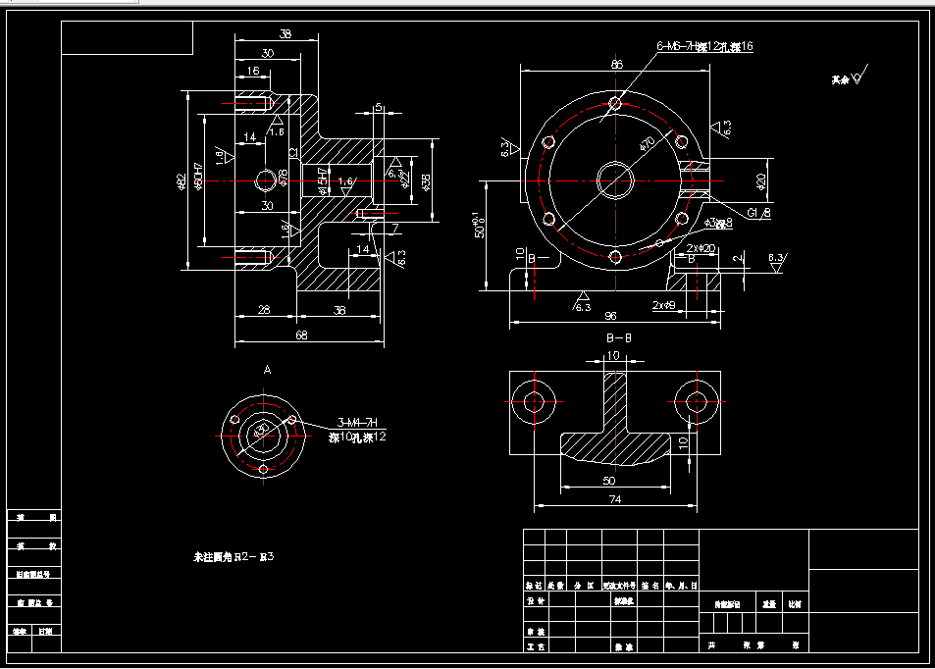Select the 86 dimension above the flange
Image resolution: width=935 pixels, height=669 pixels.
pos(616,65)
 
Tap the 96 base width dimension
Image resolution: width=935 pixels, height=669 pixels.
pos(609,316)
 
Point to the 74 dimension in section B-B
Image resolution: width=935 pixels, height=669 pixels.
pos(614,498)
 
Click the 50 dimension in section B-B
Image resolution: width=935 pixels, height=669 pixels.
pos(609,481)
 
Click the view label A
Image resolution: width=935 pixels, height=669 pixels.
pos(267,370)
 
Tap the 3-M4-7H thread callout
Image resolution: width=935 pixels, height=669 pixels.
pos(359,422)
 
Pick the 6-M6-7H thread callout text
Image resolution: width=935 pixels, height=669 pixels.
pos(676,46)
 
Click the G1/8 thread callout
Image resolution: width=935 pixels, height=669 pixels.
pos(758,213)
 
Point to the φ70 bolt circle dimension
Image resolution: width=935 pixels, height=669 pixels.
pos(648,143)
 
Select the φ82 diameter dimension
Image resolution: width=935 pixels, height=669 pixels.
pos(181,181)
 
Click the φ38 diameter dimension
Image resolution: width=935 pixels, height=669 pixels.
pos(426,181)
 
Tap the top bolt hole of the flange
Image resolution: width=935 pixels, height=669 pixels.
pos(615,103)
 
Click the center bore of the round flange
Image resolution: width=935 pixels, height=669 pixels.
pos(615,180)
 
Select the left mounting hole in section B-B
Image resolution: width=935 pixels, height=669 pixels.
pos(534,401)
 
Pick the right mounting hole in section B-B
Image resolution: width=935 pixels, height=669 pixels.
pos(696,401)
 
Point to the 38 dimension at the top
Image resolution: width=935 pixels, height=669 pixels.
pos(286,34)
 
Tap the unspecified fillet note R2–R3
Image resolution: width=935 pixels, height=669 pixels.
pos(234,557)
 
